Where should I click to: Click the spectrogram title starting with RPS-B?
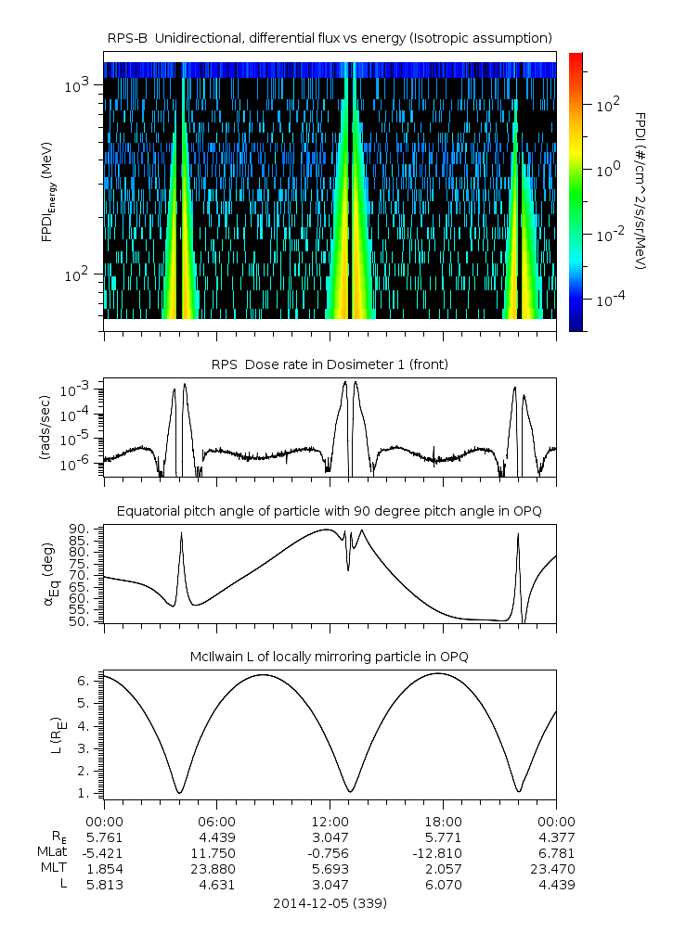point(330,37)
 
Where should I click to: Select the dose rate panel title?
point(330,364)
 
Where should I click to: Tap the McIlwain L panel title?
point(330,657)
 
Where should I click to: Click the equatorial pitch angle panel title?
point(330,511)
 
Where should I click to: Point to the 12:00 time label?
point(330,821)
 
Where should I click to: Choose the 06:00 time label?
point(217,821)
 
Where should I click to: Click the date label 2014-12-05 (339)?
point(330,902)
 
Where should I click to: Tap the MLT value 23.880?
point(217,869)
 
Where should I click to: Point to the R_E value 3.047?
point(330,836)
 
